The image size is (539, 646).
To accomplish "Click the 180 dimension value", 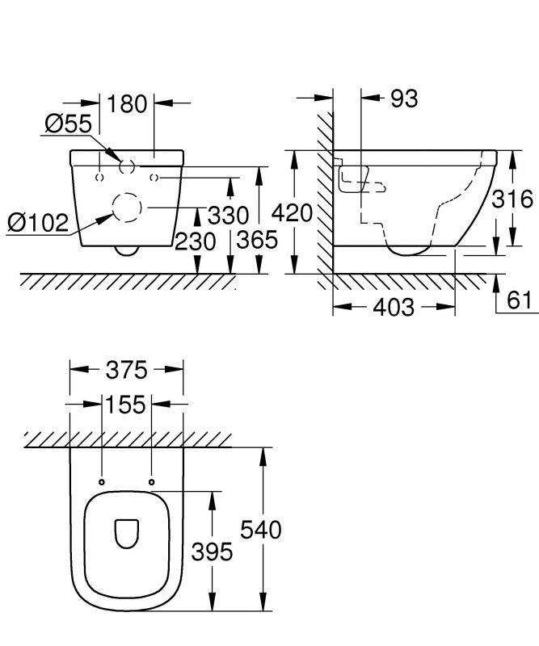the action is (127, 104).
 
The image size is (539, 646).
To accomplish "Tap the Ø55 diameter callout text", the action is (68, 124).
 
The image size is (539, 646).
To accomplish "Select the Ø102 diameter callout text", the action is (38, 223).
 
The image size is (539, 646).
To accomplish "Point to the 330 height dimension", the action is (228, 215).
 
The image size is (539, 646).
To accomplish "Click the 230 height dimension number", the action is (195, 241).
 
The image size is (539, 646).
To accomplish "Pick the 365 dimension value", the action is (257, 240).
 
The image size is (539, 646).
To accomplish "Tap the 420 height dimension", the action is (292, 213).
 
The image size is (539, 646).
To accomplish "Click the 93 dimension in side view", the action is (404, 99).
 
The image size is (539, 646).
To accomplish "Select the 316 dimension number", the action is (512, 199).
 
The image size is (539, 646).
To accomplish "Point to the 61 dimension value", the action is (520, 300).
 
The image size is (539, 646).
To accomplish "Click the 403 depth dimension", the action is (394, 308).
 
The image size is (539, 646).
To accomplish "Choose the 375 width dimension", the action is (127, 370).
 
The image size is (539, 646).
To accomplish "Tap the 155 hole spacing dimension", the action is (126, 405).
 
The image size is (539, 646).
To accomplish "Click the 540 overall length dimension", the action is (261, 530).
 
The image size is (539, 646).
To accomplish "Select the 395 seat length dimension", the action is (212, 552).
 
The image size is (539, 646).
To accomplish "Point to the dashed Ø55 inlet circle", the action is (120, 166).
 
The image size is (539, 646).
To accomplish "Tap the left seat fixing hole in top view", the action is (102, 482).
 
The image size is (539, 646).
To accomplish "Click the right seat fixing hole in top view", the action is (151, 482).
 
